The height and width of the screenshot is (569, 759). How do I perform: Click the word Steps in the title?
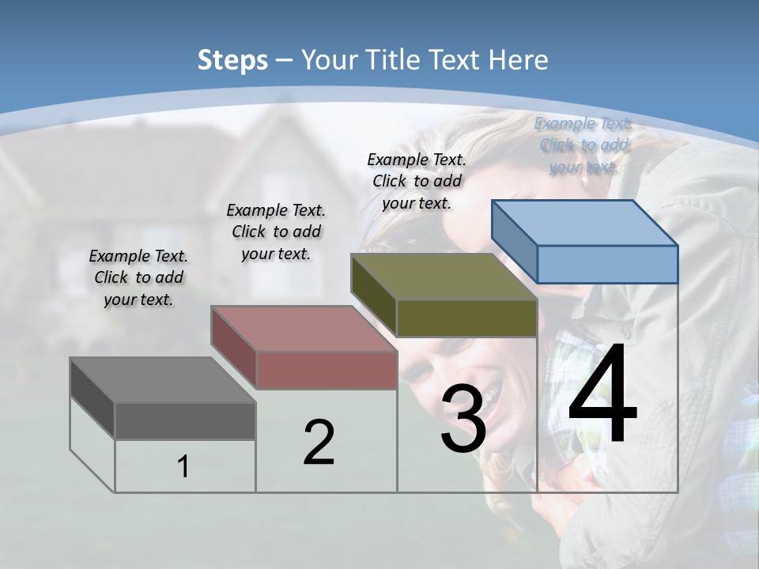pyautogui.click(x=232, y=60)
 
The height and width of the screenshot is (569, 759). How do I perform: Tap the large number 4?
pyautogui.click(x=602, y=395)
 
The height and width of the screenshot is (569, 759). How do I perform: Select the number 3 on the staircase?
pyautogui.click(x=463, y=419)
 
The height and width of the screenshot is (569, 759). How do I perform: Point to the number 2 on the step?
pyautogui.click(x=319, y=442)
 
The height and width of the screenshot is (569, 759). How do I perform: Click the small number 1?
pyautogui.click(x=183, y=466)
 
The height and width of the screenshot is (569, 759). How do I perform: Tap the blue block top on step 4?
pyautogui.click(x=585, y=222)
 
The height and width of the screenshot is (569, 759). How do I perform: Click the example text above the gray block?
pyautogui.click(x=139, y=277)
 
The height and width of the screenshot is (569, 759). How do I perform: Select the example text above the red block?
pyautogui.click(x=276, y=232)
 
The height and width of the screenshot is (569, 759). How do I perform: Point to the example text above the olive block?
pyautogui.click(x=417, y=181)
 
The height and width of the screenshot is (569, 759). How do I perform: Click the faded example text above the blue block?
pyautogui.click(x=583, y=145)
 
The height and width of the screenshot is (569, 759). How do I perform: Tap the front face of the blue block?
pyautogui.click(x=607, y=264)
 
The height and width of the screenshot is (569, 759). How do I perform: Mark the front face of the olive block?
pyautogui.click(x=466, y=318)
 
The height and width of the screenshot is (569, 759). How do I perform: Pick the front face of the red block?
pyautogui.click(x=327, y=370)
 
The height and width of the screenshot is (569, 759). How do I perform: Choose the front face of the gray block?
pyautogui.click(x=185, y=420)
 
